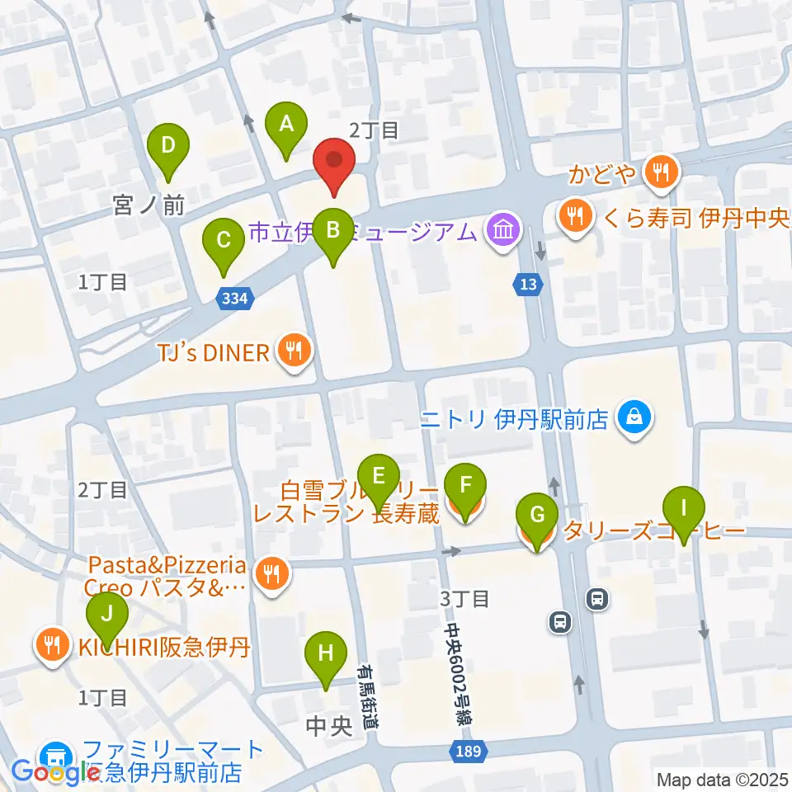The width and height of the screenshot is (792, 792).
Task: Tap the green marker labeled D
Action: pyautogui.click(x=168, y=147)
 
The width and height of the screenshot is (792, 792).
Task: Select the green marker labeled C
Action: pyautogui.click(x=224, y=242)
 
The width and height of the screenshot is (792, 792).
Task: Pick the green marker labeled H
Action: pyautogui.click(x=326, y=656)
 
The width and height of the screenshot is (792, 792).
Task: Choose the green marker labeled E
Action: pyautogui.click(x=379, y=478)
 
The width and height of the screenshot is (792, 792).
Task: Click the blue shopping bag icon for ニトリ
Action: pyautogui.click(x=635, y=419)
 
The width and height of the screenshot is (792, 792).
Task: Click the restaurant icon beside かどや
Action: pyautogui.click(x=661, y=172)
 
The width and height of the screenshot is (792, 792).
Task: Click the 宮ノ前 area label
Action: pyautogui.click(x=149, y=205)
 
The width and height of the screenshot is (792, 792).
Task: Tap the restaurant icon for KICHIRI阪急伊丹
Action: pyautogui.click(x=54, y=644)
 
